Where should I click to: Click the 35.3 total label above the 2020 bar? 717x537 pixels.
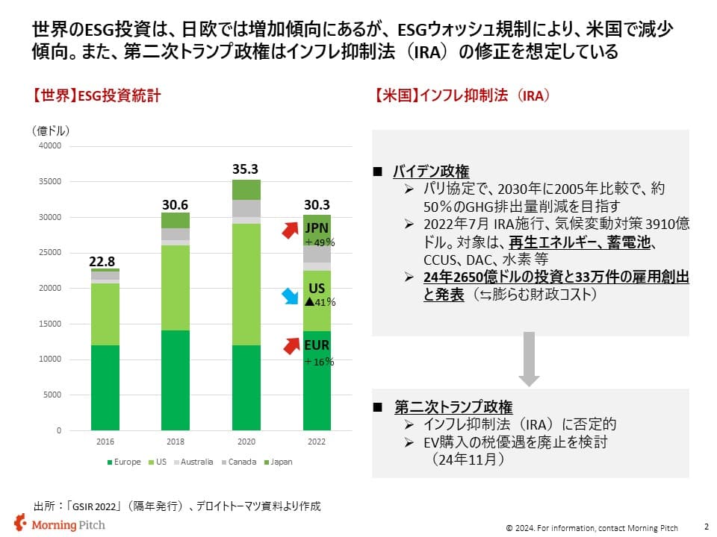tap(245, 169)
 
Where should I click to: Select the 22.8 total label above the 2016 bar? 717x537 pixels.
tap(102, 261)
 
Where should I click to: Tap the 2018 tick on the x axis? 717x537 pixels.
tap(175, 442)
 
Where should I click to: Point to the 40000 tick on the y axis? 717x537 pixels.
tap(50, 145)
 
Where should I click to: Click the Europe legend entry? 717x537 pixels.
tap(124, 462)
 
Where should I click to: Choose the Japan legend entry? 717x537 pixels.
tap(278, 462)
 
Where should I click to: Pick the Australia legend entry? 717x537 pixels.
tap(193, 462)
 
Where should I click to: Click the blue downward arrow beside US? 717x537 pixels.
tap(290, 296)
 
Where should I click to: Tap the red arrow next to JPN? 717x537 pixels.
tap(291, 230)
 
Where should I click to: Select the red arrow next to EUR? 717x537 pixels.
tap(291, 345)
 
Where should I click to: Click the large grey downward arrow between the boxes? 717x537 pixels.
tap(529, 359)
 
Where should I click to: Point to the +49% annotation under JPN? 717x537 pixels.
tap(320, 242)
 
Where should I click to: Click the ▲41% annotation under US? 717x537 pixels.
tap(320, 302)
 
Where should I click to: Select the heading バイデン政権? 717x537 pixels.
tap(431, 172)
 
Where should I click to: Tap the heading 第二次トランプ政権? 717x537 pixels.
tap(453, 407)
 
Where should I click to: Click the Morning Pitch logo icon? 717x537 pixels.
tap(20, 523)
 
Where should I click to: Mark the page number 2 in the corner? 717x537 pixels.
tap(707, 526)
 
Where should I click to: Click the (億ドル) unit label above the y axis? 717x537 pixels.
tap(51, 131)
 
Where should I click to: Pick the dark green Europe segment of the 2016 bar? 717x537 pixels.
tap(105, 388)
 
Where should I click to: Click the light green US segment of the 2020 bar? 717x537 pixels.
tap(246, 284)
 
